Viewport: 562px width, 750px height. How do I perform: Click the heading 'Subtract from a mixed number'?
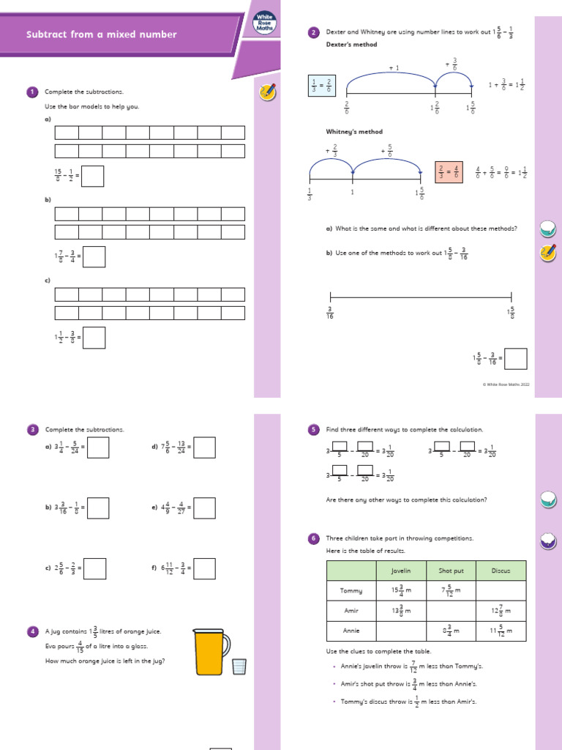(102, 34)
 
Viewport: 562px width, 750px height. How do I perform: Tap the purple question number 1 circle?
(32, 92)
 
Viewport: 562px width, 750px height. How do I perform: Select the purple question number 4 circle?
(32, 631)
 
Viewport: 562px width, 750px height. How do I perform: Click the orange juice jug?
(211, 650)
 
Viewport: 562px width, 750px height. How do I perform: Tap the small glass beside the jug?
(239, 666)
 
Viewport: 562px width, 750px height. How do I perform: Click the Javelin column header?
(401, 570)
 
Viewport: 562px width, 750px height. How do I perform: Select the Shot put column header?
(450, 570)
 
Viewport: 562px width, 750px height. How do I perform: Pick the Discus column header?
(501, 570)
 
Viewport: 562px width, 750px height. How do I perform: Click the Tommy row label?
(351, 590)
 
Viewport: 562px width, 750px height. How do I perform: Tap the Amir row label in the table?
(351, 610)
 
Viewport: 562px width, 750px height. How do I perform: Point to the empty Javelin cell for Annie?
(401, 630)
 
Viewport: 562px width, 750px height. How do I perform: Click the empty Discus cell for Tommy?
(501, 590)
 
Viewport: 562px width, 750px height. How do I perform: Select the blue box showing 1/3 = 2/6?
(322, 86)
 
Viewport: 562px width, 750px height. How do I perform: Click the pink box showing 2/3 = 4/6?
(449, 171)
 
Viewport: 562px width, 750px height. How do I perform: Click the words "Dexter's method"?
(352, 45)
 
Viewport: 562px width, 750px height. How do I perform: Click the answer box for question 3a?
(98, 447)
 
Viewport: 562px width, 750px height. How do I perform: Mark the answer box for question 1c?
(94, 338)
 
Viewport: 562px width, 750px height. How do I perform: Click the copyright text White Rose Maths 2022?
(506, 384)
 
